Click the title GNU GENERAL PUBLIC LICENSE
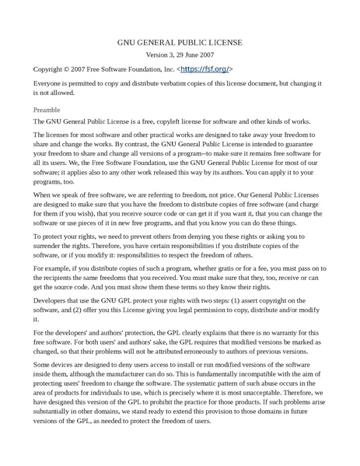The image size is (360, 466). point(180,43)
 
